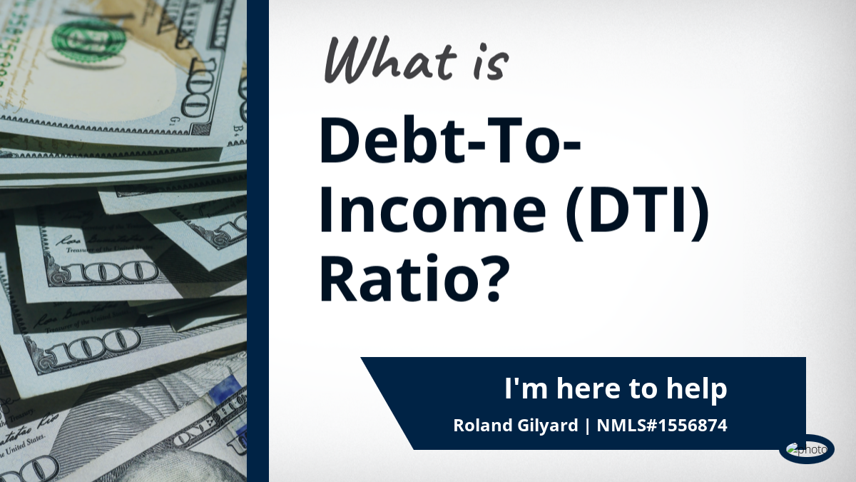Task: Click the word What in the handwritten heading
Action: pos(390,60)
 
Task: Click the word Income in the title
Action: pos(432,210)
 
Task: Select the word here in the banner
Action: pos(588,388)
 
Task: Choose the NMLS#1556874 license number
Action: pos(662,426)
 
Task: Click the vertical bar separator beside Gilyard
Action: pos(587,426)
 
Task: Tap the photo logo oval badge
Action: pos(807,449)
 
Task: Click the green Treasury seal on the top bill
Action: pos(88,39)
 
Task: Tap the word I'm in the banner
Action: pos(526,388)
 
